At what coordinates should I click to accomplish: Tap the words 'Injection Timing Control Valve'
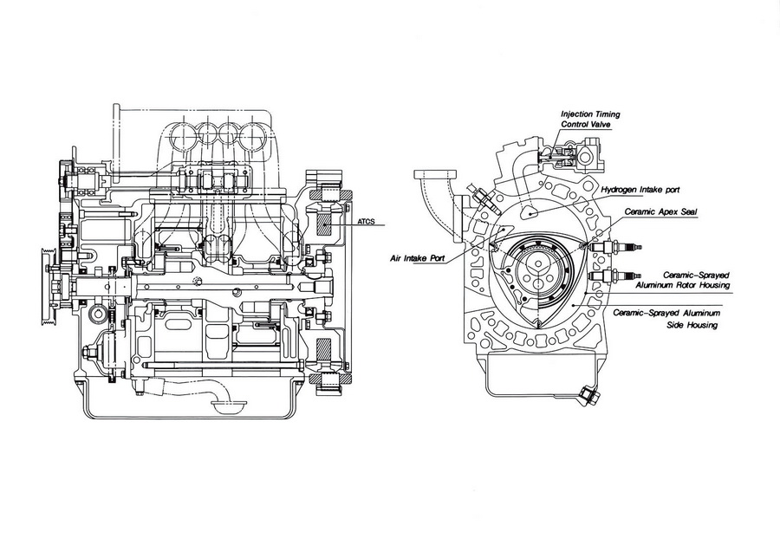[x=590, y=119]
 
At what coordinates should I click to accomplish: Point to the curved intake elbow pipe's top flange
[x=432, y=175]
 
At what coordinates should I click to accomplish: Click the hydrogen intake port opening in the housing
[x=529, y=208]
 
